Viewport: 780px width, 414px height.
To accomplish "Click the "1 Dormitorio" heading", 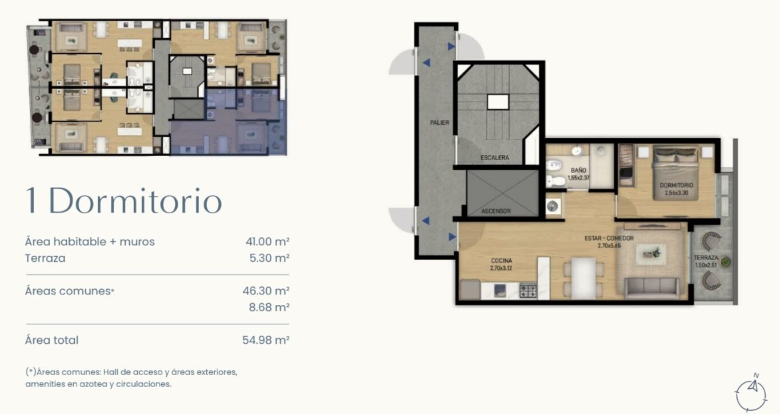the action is [x=124, y=201].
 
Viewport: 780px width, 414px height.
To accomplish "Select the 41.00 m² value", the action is [x=267, y=241].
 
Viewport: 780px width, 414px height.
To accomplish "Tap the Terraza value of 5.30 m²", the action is [x=269, y=258].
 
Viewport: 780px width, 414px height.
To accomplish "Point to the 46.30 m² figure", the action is [x=266, y=290].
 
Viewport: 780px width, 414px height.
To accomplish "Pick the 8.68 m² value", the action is [x=269, y=307].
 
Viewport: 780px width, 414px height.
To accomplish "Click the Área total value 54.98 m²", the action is [x=266, y=340].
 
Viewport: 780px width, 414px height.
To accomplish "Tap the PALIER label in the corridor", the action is [x=439, y=123].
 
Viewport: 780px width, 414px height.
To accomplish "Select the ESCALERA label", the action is [x=495, y=158].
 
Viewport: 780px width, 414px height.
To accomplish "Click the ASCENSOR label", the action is [x=496, y=211].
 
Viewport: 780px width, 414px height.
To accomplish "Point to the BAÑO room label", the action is [x=578, y=170].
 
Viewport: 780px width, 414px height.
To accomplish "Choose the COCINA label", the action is [x=502, y=261].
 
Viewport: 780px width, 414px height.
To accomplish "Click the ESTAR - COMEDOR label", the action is [x=609, y=238].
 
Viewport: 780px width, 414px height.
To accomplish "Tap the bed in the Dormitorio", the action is [x=675, y=173].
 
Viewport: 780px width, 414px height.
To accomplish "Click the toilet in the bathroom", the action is [x=556, y=181].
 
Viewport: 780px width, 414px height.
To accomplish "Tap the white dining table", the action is [x=583, y=278].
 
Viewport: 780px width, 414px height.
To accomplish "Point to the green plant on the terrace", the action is [x=725, y=262].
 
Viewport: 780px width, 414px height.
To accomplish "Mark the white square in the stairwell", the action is [x=498, y=102].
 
